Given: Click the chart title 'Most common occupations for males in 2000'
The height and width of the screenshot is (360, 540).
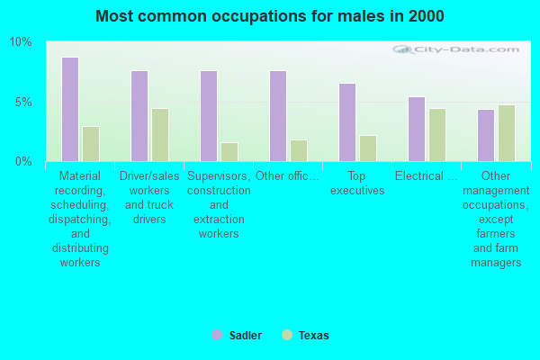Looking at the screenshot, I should click(x=269, y=16).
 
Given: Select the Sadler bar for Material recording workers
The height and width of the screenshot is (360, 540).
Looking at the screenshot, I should click(x=70, y=109).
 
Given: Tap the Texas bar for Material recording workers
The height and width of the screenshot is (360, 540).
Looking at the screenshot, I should click(x=91, y=143).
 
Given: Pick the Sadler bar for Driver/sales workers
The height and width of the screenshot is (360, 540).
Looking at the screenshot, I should click(x=139, y=115).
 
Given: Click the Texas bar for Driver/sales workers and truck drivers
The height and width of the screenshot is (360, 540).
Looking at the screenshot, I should click(x=160, y=134).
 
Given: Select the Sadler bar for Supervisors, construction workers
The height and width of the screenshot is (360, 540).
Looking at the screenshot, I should click(x=209, y=115).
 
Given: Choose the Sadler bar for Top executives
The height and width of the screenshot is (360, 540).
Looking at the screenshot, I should click(x=347, y=121).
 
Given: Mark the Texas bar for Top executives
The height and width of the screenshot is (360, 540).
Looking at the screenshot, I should click(x=368, y=148).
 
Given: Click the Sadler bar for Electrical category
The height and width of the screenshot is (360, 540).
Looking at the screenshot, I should click(x=417, y=129).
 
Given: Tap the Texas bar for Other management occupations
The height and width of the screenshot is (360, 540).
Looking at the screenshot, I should click(x=507, y=132).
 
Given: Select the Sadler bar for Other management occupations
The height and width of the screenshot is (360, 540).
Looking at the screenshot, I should click(x=486, y=135).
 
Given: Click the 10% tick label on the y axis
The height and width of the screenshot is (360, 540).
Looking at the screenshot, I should click(x=21, y=42).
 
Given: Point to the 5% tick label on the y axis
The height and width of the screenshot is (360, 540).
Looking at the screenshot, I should click(x=23, y=102).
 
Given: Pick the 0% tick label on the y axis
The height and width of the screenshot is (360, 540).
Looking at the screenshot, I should click(x=23, y=161).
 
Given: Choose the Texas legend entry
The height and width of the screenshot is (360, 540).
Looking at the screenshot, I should click(x=306, y=336).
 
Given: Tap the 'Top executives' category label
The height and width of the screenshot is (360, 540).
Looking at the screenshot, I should click(x=357, y=183).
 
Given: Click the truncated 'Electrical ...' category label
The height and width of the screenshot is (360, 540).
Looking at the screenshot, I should click(x=426, y=175).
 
